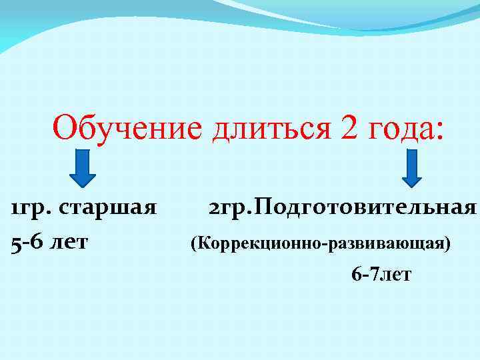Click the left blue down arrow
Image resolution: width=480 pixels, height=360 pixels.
[x=82, y=167]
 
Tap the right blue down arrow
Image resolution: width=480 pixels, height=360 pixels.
[x=411, y=167]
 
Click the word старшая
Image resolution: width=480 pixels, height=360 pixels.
[x=107, y=208]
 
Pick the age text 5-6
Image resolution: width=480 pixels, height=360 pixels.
[x=29, y=241]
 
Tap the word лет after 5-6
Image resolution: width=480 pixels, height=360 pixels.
[x=69, y=241]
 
